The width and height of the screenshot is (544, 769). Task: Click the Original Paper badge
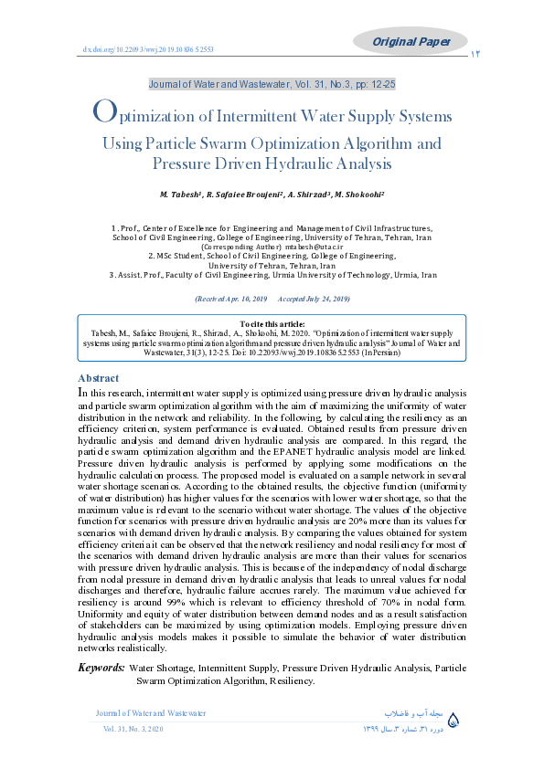pyautogui.click(x=418, y=40)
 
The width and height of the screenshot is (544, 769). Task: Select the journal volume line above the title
pyautogui.click(x=272, y=84)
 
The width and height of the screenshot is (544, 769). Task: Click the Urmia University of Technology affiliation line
pyautogui.click(x=272, y=274)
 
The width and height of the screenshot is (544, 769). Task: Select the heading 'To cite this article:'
pyautogui.click(x=272, y=324)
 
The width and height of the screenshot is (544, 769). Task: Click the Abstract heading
pyautogui.click(x=98, y=377)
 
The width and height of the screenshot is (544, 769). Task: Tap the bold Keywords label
pyautogui.click(x=101, y=669)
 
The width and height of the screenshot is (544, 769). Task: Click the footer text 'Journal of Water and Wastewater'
pyautogui.click(x=151, y=712)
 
